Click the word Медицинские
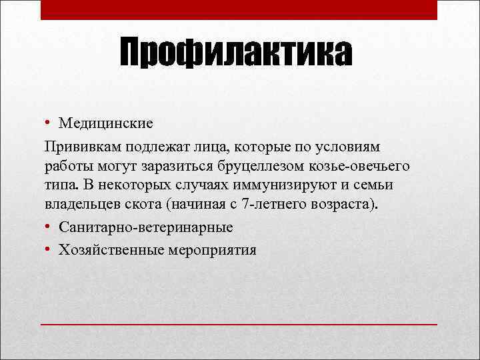point(106,123)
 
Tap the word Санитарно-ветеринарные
point(146,227)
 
